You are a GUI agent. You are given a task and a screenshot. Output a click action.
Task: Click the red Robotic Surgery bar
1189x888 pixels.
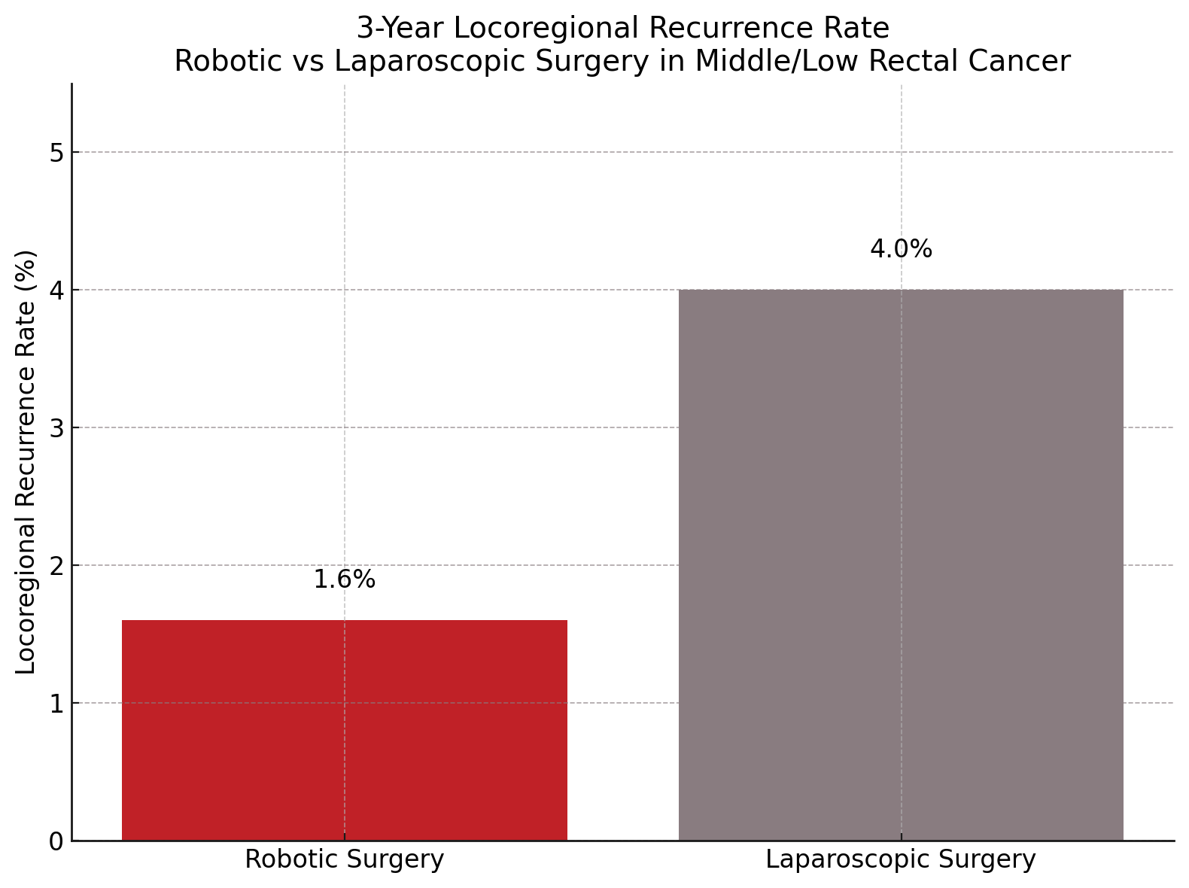click(344, 730)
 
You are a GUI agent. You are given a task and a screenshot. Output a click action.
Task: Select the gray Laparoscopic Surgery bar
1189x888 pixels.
click(901, 564)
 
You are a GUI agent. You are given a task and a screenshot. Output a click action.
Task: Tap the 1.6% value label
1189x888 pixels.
click(344, 579)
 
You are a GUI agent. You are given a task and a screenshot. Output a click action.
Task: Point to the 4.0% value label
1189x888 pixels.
click(901, 249)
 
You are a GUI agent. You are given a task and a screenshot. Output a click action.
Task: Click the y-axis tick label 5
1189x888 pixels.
click(56, 153)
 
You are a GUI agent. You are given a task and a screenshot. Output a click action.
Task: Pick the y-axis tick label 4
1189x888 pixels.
click(56, 290)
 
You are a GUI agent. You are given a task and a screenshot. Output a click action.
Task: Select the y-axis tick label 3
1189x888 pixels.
click(56, 428)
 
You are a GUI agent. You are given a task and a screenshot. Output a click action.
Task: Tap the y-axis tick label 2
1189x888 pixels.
click(56, 566)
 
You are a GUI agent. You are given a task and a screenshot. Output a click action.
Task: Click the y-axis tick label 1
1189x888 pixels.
click(56, 704)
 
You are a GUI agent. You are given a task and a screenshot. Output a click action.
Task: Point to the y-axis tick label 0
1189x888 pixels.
click(56, 841)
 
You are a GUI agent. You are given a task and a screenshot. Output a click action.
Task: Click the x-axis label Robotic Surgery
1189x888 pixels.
click(344, 859)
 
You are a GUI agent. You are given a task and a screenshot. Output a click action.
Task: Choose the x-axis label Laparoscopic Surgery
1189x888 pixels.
click(901, 859)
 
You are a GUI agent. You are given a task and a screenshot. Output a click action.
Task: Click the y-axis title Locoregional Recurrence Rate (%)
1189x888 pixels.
click(26, 462)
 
